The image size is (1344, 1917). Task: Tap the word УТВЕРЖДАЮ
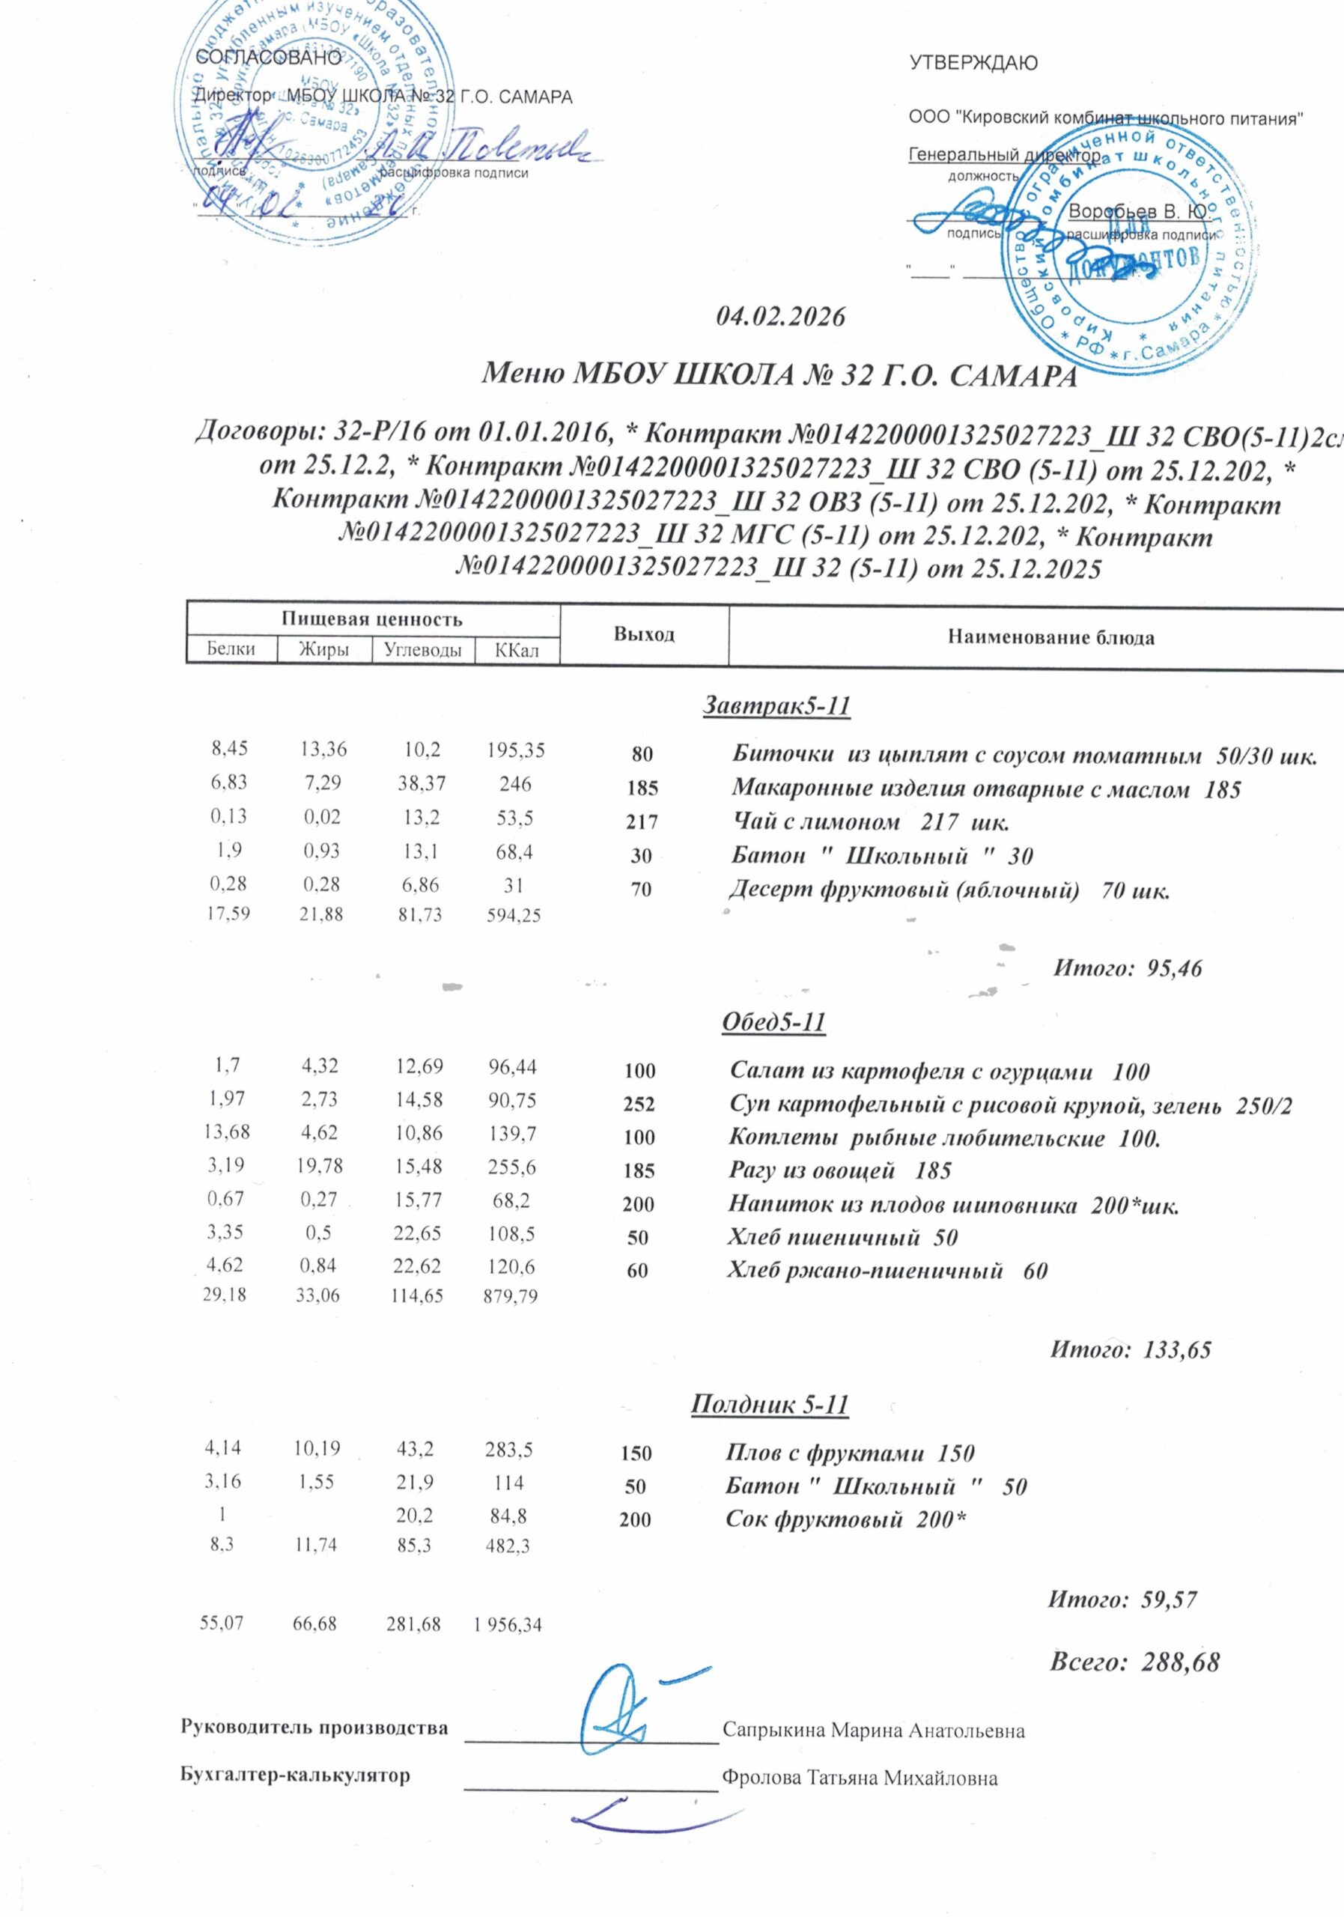point(973,63)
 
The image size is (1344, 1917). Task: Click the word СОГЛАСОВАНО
point(267,58)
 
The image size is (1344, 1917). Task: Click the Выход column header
point(645,634)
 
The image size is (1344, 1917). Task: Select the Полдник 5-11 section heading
point(770,1406)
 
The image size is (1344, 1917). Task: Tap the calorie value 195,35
point(516,750)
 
